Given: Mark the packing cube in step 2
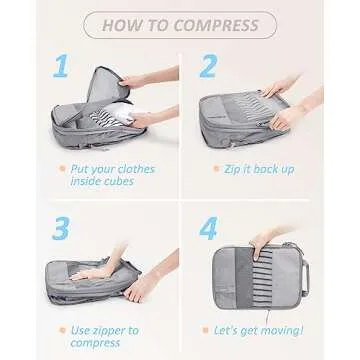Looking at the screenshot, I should coord(265,115).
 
